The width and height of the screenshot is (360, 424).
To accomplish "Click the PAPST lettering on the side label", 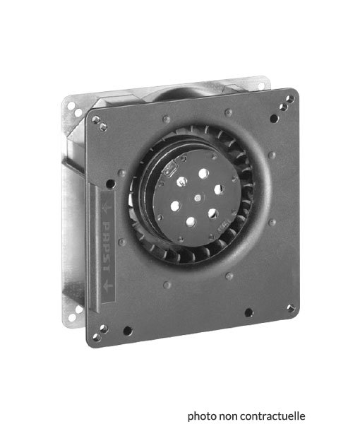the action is (107, 247).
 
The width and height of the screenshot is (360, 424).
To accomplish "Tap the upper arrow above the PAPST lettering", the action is (107, 208).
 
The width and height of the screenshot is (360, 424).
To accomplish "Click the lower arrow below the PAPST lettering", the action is (108, 285).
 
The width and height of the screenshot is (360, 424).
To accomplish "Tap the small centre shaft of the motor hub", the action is (198, 198).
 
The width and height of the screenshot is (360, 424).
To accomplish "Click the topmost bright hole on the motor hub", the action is (203, 174).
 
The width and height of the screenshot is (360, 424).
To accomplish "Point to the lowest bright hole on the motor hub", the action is (191, 222).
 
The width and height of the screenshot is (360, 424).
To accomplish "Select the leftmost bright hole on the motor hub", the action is (176, 206).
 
